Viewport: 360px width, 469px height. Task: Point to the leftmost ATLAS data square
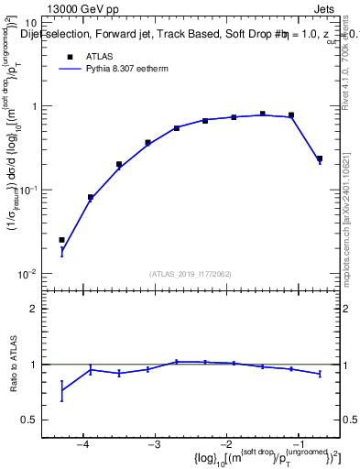point(62,240)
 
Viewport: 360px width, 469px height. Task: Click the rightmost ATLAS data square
point(320,158)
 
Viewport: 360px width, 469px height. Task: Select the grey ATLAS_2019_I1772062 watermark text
point(191,273)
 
